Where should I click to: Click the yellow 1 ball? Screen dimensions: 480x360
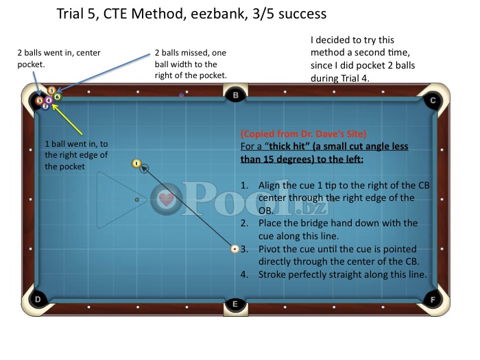[136, 163]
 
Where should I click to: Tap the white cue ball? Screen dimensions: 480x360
[235, 249]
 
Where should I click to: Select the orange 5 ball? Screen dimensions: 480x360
[51, 91]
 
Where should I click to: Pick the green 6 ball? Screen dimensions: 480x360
[57, 97]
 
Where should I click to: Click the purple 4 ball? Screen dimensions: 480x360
[49, 100]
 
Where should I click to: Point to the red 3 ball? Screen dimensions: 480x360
[39, 101]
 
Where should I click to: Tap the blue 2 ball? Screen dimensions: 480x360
[45, 106]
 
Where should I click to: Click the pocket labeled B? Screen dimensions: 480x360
[235, 95]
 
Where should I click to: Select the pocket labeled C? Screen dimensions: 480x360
[432, 100]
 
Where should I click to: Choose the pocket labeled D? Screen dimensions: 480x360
[38, 299]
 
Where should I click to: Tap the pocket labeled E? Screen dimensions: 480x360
[235, 304]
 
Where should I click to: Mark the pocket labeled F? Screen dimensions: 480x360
[433, 300]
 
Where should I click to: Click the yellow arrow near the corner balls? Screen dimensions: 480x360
[67, 119]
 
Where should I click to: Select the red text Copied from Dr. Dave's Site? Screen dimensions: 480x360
[303, 134]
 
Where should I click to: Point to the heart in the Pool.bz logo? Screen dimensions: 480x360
[167, 200]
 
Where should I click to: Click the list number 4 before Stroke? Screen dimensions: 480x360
[244, 274]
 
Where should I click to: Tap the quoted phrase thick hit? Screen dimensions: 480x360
[287, 146]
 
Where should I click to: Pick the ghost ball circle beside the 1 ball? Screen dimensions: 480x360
[144, 168]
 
